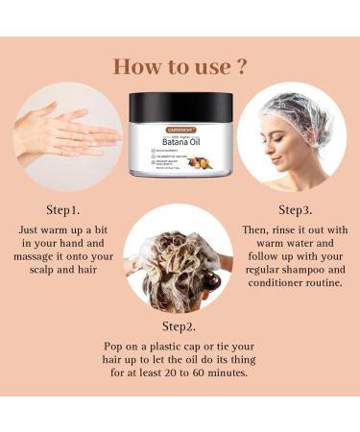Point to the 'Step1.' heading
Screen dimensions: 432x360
(62, 208)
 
